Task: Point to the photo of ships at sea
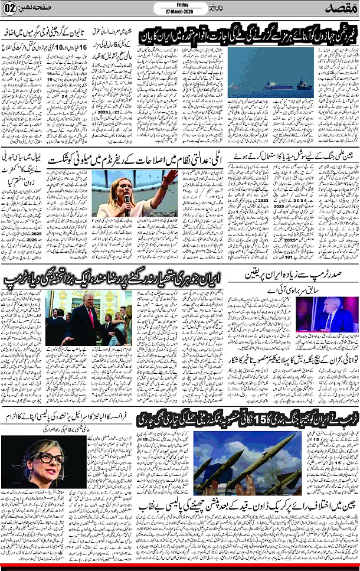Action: [270, 77]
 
